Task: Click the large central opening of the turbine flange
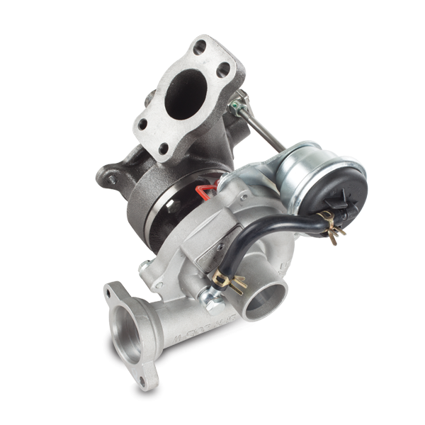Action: tap(185, 98)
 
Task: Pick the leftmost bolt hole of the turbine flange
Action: tap(142, 125)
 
